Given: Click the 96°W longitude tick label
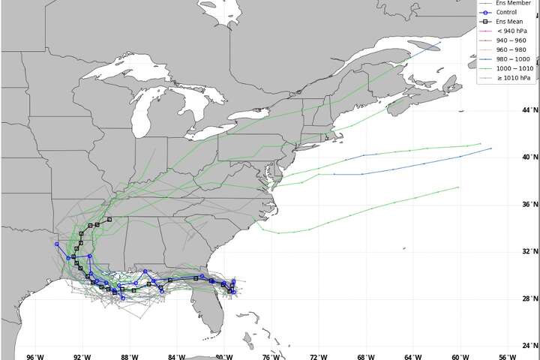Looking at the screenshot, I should pos(34,355).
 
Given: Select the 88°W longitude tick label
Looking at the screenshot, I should pos(129,355).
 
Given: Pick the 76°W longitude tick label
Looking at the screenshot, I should pos(271,355).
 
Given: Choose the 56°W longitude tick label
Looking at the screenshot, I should pos(508,355).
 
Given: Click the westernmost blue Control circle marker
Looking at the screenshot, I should pos(57,244).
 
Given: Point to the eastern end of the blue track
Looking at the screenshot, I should pos(491,148).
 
